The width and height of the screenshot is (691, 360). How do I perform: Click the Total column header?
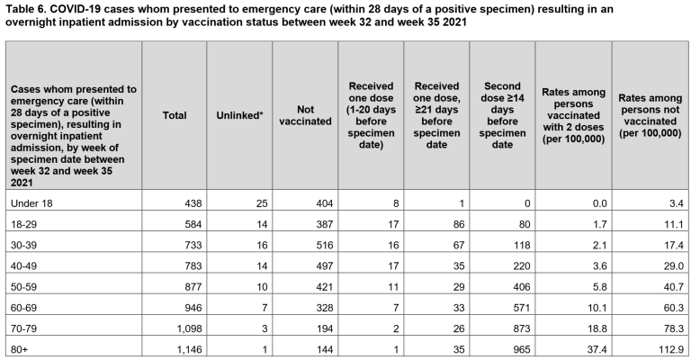click(x=175, y=115)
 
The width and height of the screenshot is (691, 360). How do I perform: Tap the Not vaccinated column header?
click(x=306, y=115)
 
